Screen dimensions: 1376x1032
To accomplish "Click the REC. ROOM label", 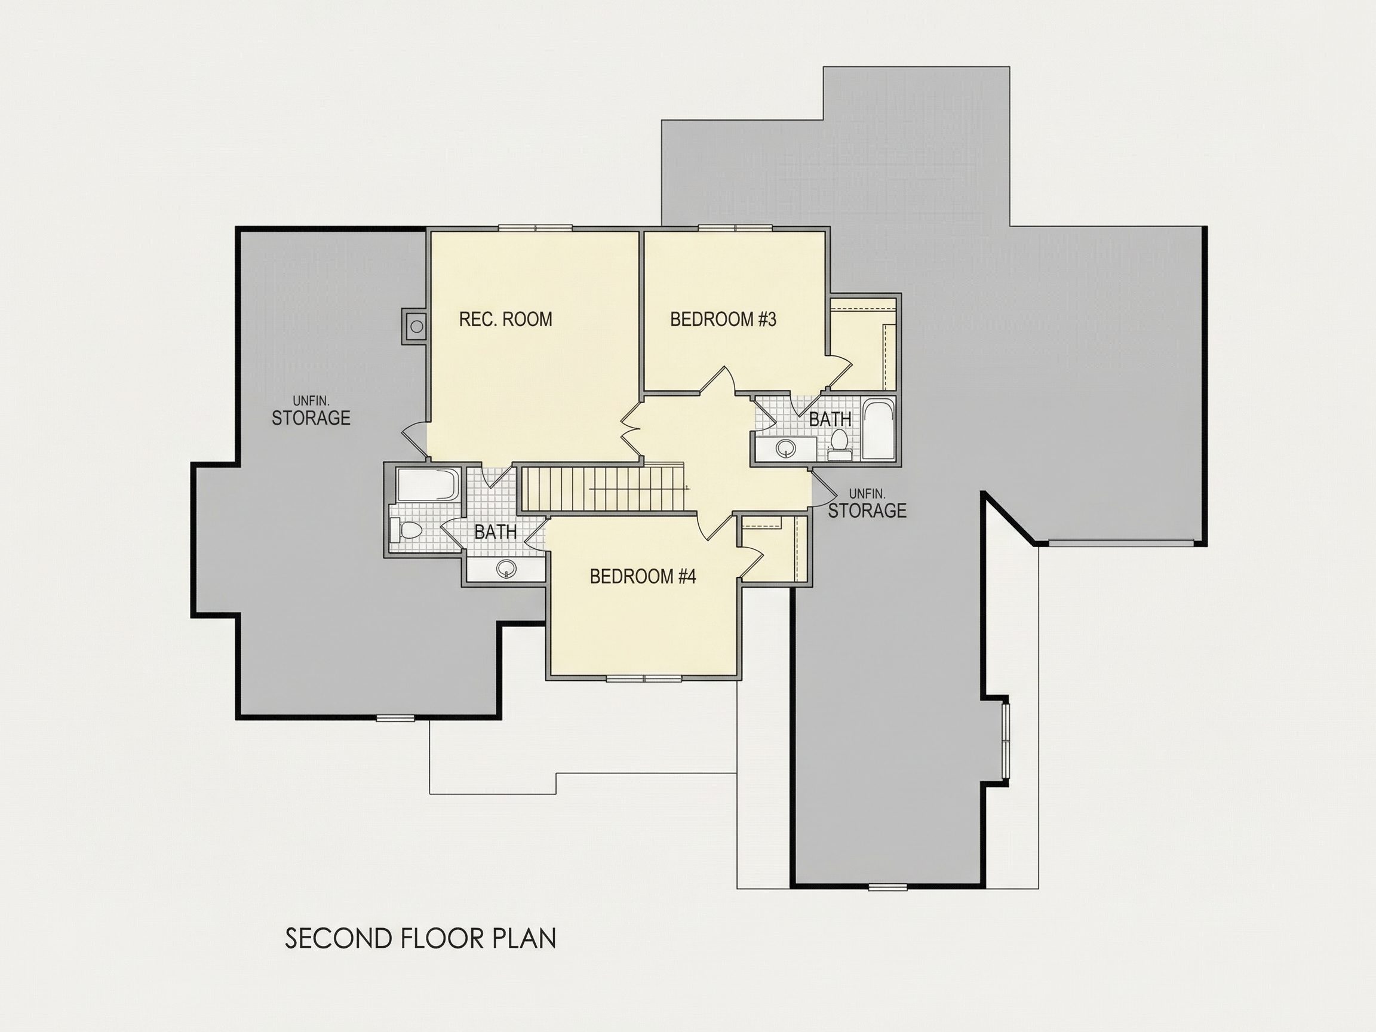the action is tap(505, 319).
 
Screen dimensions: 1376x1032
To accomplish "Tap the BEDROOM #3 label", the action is tap(723, 319).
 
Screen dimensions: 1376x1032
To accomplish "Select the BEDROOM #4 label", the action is tap(643, 577).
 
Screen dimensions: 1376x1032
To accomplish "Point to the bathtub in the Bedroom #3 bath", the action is tap(879, 429).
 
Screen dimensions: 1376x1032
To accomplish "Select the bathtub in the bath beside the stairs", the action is tap(428, 484).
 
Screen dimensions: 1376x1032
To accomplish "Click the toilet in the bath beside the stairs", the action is tap(406, 530).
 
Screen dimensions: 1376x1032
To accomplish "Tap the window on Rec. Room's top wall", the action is tap(535, 228).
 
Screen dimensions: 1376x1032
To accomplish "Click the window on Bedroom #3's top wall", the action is tap(736, 228).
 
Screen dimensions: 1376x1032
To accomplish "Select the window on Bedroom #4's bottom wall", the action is tap(644, 678).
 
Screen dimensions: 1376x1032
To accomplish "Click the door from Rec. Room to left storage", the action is tap(416, 440).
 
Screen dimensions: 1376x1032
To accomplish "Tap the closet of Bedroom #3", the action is tap(864, 344).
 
